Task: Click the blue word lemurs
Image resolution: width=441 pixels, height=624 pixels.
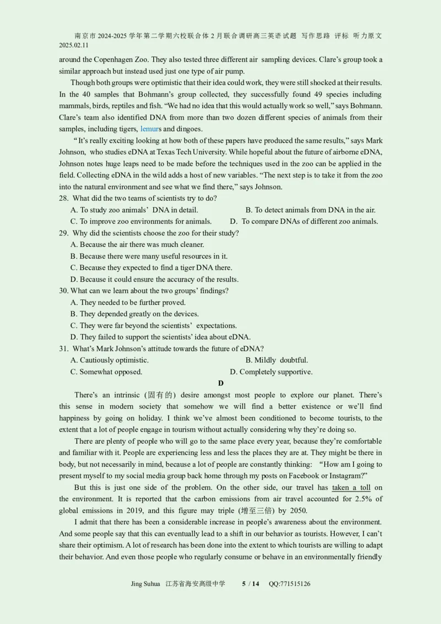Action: click(x=150, y=129)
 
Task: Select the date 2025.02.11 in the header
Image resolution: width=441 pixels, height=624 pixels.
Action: click(x=73, y=45)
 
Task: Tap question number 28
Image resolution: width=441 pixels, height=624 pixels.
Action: click(x=63, y=198)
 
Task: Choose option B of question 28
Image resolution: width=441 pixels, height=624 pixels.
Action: click(x=310, y=209)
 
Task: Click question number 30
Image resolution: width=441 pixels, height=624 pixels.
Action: click(x=63, y=291)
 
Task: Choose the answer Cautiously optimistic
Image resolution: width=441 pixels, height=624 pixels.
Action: click(x=110, y=360)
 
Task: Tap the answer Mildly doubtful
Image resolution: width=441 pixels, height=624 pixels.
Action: click(x=277, y=360)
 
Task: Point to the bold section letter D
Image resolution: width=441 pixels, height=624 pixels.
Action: click(x=220, y=383)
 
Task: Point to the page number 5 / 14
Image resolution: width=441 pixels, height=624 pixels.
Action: click(x=250, y=584)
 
